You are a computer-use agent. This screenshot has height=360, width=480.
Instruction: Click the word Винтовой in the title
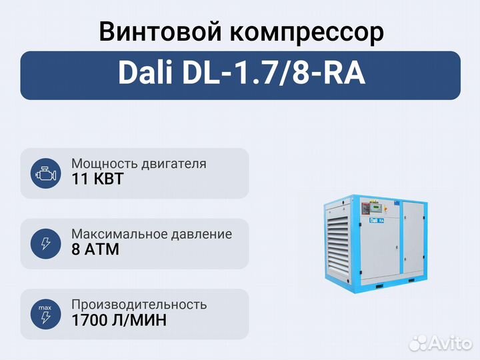[160, 32]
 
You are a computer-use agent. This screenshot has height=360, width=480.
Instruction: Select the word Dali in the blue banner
[145, 73]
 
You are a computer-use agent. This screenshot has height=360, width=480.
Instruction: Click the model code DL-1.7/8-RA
[274, 73]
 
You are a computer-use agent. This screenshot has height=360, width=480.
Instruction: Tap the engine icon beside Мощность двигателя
[45, 173]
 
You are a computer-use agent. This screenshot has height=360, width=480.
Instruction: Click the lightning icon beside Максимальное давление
[45, 244]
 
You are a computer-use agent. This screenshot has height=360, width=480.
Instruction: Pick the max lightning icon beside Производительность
[45, 314]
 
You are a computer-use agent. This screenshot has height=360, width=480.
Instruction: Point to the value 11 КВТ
[97, 179]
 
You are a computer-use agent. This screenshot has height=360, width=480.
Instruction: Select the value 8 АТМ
[95, 249]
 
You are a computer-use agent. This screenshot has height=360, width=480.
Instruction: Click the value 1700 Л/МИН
[119, 320]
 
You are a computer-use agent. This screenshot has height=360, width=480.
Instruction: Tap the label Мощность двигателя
[139, 164]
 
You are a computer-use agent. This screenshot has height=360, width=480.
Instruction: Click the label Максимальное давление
[151, 234]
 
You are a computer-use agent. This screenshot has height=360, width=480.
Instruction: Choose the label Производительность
[139, 305]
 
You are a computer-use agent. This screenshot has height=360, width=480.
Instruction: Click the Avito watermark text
[450, 343]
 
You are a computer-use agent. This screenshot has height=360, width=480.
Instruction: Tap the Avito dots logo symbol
[419, 343]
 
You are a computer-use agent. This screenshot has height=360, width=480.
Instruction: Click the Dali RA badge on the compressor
[377, 220]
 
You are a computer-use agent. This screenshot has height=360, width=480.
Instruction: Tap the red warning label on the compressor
[365, 208]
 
